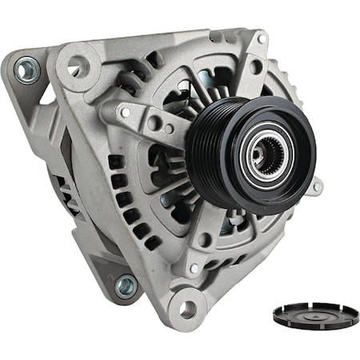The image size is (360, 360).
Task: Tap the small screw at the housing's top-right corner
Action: pyautogui.click(x=262, y=38)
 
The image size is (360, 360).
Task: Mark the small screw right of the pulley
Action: pyautogui.click(x=317, y=187)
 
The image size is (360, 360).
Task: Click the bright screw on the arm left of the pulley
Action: pyautogui.click(x=125, y=113)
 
